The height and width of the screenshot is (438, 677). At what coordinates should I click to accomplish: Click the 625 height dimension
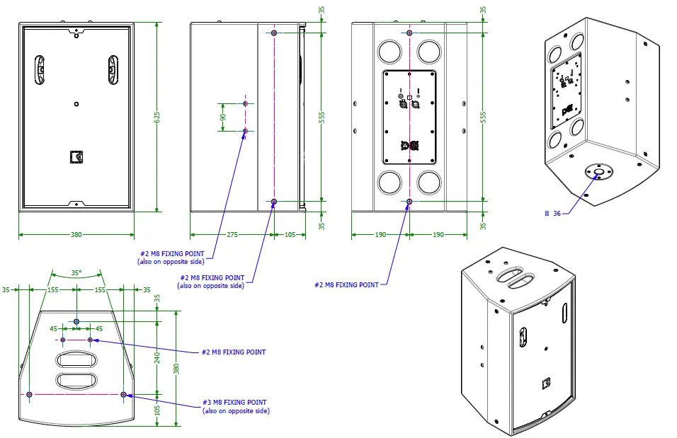(x=157, y=117)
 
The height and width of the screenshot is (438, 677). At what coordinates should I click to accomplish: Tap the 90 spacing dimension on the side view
(x=223, y=117)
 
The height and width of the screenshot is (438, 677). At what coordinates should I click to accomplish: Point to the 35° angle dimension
(x=76, y=272)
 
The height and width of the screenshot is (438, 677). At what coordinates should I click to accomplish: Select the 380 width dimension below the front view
(x=76, y=234)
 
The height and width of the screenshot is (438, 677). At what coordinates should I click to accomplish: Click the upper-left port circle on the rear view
(x=389, y=52)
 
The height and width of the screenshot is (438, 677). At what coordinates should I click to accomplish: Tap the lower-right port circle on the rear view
(x=429, y=183)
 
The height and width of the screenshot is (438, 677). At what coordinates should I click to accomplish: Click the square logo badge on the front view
(x=76, y=157)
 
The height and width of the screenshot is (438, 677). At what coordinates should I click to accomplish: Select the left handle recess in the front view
(x=41, y=69)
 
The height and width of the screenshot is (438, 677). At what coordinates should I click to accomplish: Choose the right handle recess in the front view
(x=111, y=69)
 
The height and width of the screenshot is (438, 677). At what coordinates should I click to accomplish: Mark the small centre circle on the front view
(x=76, y=104)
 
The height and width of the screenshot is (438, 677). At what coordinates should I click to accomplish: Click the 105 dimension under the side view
(x=290, y=234)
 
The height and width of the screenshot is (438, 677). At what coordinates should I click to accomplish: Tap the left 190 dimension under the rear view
(x=381, y=234)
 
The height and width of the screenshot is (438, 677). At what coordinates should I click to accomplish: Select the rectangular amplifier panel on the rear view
(x=409, y=117)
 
